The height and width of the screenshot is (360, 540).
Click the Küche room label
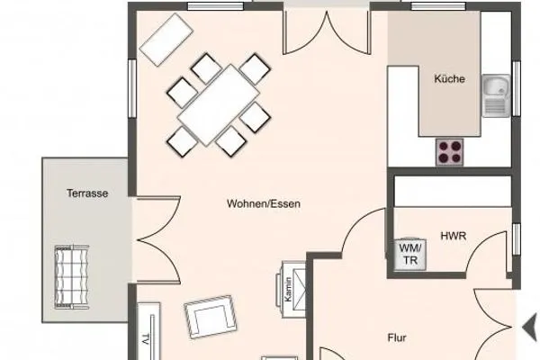(x=449, y=79)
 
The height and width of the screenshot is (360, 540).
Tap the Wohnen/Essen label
(x=264, y=204)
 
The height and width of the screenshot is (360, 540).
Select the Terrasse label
(x=87, y=193)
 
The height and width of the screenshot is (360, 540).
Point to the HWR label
(x=454, y=237)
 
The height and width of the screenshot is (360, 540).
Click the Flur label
(x=397, y=339)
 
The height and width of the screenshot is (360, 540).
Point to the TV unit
(x=147, y=333)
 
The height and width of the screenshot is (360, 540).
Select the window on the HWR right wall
(x=517, y=239)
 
